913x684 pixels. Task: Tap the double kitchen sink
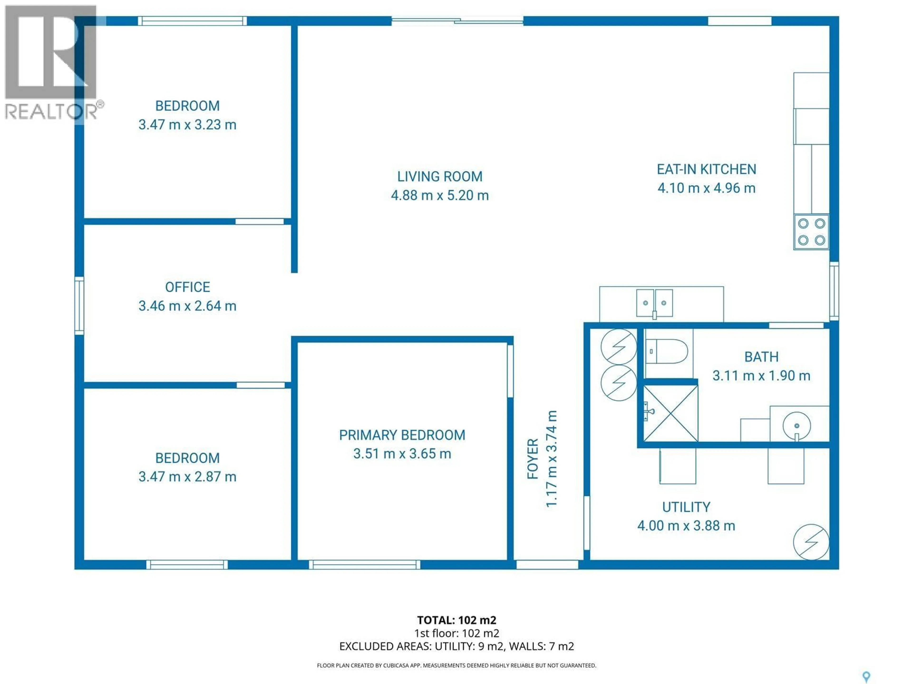[x=654, y=303]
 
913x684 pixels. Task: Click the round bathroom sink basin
[x=796, y=426]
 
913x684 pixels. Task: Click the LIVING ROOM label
[x=440, y=176]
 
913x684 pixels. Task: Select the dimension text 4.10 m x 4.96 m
[x=706, y=188]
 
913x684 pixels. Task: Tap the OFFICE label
[x=187, y=287]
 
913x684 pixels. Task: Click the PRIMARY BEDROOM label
[x=402, y=435]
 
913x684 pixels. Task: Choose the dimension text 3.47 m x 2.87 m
[x=187, y=477]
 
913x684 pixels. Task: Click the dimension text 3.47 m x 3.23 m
[x=187, y=124]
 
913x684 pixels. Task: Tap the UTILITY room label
[x=686, y=507]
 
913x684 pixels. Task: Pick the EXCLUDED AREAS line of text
[x=456, y=646]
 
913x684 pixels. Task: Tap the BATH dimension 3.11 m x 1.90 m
[x=761, y=375]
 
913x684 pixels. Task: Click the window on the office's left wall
[x=79, y=305]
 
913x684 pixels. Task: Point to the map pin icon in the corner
[x=866, y=676]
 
